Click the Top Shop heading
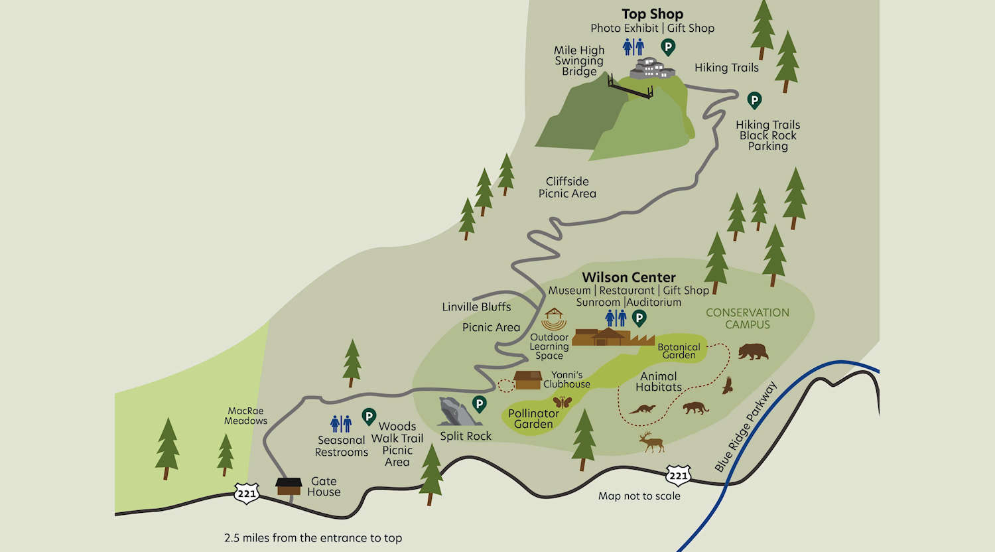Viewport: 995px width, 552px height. point(652,14)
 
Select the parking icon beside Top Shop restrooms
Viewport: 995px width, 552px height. point(668,46)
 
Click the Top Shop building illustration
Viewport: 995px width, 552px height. point(652,68)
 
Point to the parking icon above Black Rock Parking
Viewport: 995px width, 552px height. point(754,100)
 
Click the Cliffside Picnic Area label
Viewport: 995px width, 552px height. point(567,187)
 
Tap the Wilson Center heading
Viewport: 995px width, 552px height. point(629,277)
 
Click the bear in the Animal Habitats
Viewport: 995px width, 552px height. point(753,351)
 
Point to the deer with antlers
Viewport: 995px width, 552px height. point(651,441)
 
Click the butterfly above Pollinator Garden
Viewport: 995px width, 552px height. point(562,401)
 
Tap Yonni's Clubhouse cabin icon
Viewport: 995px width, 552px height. point(527,380)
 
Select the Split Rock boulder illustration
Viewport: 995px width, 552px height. point(456,412)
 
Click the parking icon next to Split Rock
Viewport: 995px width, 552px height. point(479,403)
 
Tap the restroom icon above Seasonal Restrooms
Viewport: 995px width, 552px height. point(341,423)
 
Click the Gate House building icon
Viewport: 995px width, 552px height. point(289,486)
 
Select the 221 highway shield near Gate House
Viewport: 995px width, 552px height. point(246,494)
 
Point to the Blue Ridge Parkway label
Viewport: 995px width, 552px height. point(746,427)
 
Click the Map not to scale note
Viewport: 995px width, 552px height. point(639,496)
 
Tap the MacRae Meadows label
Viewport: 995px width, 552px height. point(245,416)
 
